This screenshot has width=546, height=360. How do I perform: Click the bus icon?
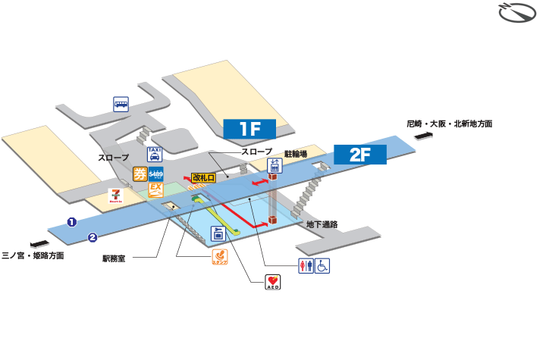(121, 105)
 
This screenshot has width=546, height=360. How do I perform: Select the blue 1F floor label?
(249, 129)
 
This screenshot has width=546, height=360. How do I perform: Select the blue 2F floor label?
(360, 155)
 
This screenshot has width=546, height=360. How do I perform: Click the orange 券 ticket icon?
(140, 174)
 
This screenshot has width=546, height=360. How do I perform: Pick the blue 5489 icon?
(157, 174)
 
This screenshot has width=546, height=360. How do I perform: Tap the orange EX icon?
(156, 189)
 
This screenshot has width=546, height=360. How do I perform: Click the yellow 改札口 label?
(203, 178)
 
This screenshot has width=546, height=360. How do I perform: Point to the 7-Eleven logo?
(116, 196)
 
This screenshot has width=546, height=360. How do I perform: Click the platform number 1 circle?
(72, 222)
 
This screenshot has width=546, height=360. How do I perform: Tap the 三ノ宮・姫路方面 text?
(33, 255)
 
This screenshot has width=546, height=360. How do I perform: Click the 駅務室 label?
(118, 258)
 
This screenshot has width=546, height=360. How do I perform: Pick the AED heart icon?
(273, 283)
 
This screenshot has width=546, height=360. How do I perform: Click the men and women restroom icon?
(306, 266)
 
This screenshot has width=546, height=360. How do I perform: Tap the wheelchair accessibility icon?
(322, 266)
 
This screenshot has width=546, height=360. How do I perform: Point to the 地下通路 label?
(322, 224)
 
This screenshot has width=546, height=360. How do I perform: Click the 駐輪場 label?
(295, 154)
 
